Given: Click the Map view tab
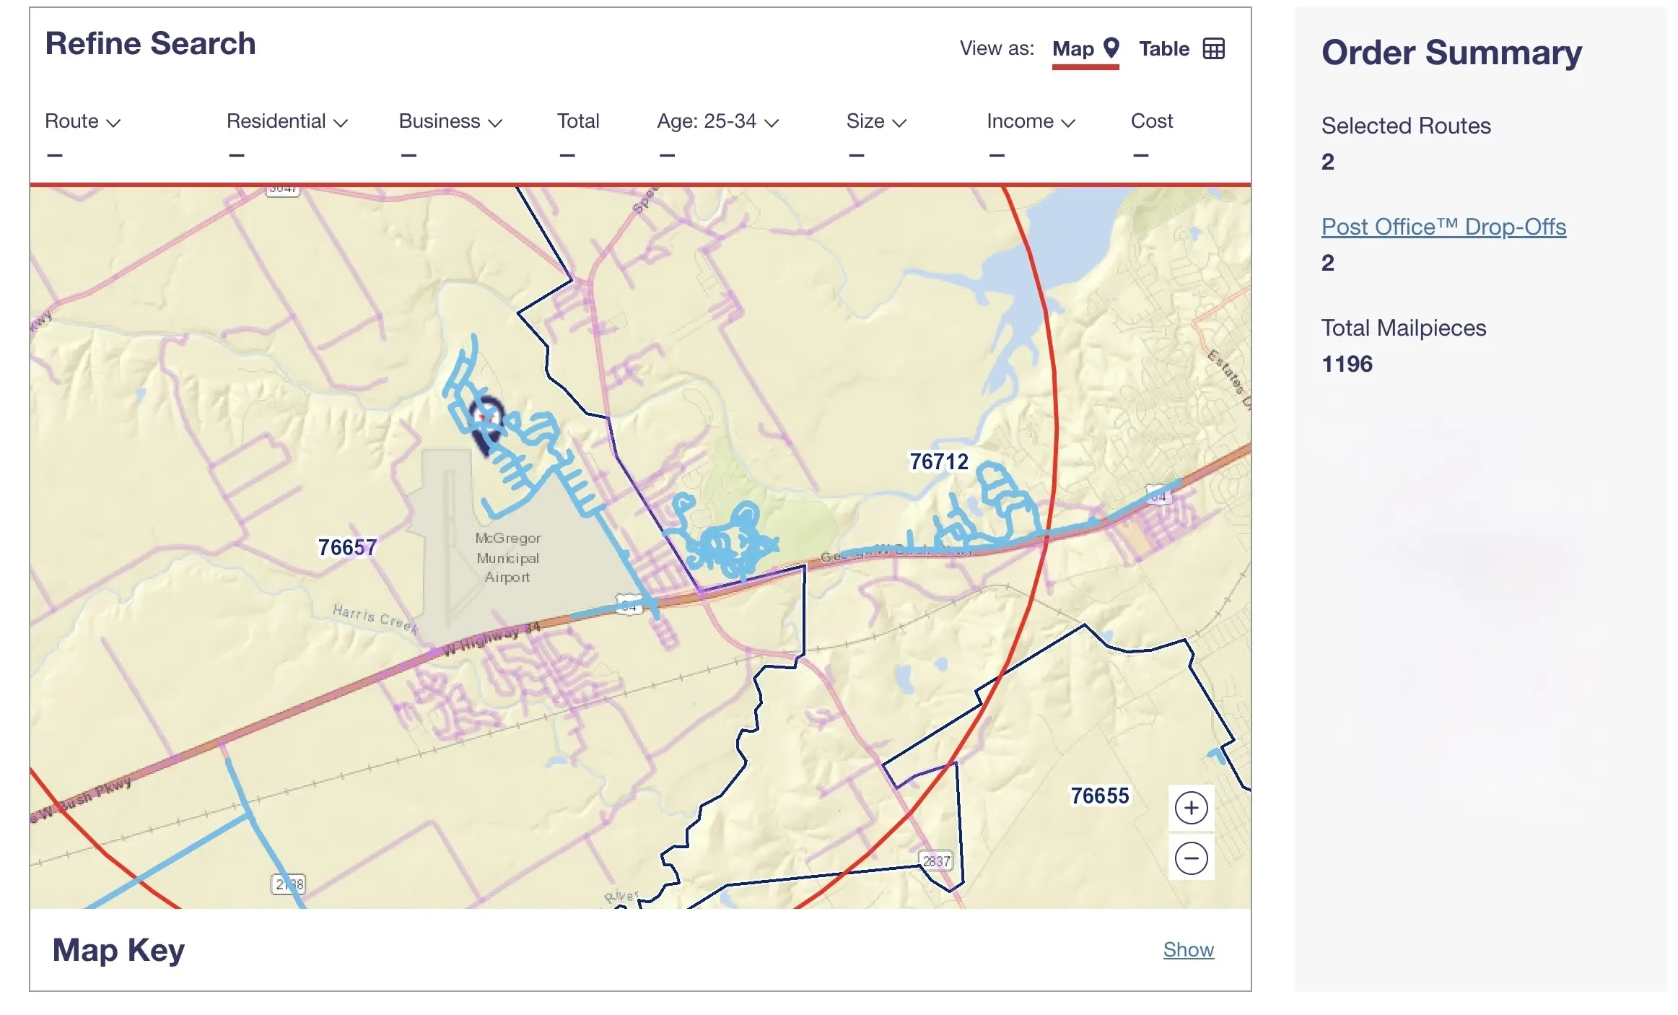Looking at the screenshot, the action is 1084,49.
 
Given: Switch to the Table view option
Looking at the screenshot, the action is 1181,49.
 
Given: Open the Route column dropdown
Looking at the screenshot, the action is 82,121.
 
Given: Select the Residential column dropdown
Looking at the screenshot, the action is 287,121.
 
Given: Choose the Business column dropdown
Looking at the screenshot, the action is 450,121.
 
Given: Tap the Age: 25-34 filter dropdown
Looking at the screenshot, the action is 717,121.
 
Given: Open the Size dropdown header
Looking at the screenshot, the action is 875,121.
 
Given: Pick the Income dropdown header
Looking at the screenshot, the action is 1030,121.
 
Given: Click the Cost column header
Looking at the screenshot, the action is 1151,121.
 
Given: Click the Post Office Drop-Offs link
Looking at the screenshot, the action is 1443,227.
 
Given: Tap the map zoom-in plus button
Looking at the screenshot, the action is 1190,808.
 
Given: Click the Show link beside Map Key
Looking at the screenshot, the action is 1188,949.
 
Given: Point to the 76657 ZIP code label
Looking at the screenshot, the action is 347,547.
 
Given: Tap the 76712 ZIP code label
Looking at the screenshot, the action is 938,461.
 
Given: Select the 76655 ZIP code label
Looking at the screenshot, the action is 1099,796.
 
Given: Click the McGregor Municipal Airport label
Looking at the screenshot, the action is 507,557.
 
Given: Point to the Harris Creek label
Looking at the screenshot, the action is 375,618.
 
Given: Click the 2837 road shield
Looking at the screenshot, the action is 936,861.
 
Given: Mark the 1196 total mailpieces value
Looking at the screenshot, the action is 1346,364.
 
